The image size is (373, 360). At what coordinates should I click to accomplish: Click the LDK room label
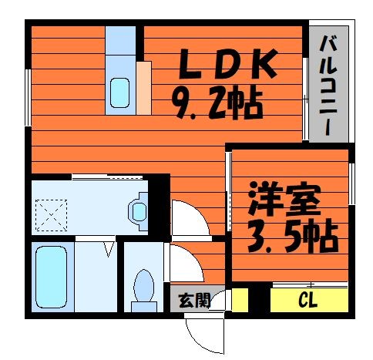point(228,64)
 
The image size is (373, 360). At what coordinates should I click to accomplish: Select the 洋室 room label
point(285,198)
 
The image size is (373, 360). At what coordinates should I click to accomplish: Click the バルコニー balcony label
point(328,86)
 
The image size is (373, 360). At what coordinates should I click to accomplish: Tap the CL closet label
point(307,299)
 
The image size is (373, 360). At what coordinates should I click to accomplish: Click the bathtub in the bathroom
point(52,277)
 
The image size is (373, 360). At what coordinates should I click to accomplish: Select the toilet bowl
point(144,285)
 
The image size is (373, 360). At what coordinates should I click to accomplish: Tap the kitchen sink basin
point(119,93)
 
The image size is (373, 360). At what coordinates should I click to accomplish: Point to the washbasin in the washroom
point(139,211)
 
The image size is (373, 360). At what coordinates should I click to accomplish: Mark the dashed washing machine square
point(51,215)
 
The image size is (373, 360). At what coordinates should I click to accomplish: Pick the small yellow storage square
point(240,300)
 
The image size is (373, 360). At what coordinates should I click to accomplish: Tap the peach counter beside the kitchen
point(144,88)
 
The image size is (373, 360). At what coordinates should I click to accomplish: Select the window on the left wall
point(28,98)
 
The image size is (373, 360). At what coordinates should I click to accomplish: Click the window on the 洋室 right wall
point(351,183)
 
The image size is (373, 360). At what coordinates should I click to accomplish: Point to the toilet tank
point(144,307)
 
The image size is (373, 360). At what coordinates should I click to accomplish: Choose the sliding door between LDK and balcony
point(305,99)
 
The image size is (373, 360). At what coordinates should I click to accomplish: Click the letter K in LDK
point(264,64)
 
